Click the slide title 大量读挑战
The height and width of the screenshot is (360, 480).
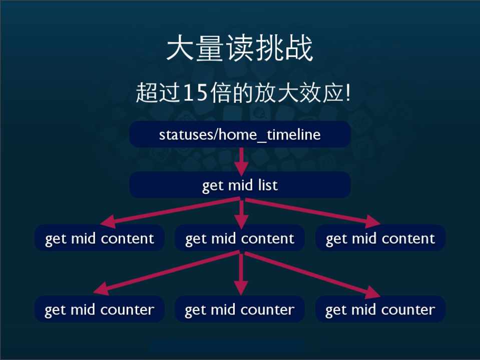pyautogui.click(x=239, y=48)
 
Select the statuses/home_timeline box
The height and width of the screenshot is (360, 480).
pyautogui.click(x=240, y=134)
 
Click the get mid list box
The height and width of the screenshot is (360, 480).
pyautogui.click(x=240, y=184)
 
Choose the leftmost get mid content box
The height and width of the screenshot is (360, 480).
pyautogui.click(x=100, y=238)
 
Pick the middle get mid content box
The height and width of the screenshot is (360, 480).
pyautogui.click(x=240, y=238)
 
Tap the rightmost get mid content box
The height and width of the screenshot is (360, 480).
pyautogui.click(x=380, y=238)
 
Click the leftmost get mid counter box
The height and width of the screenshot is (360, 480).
pyautogui.click(x=100, y=309)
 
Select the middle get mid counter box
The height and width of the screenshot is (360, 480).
pyautogui.click(x=240, y=309)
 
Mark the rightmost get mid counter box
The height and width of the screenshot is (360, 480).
pyautogui.click(x=380, y=309)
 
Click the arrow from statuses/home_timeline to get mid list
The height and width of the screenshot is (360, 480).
pyautogui.click(x=242, y=161)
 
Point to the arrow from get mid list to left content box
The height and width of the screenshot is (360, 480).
pyautogui.click(x=170, y=211)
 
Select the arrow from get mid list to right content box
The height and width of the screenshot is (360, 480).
pyautogui.click(x=313, y=211)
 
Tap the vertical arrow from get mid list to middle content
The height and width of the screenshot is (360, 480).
pyautogui.click(x=242, y=213)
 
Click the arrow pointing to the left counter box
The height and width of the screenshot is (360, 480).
pyautogui.click(x=166, y=273)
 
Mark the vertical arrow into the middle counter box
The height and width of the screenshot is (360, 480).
pyautogui.click(x=241, y=273)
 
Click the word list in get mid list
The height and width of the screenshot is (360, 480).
pyautogui.click(x=268, y=185)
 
